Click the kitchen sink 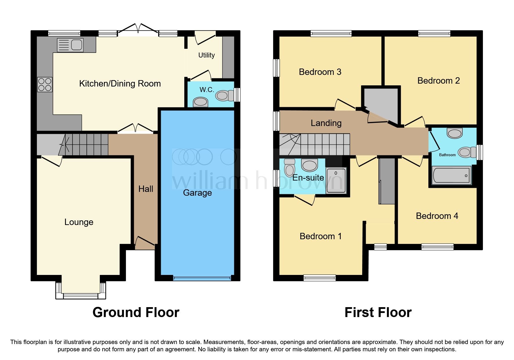click(70, 45)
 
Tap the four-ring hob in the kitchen click(45, 84)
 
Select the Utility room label click(206, 55)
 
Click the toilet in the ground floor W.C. click(225, 95)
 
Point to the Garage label click(197, 193)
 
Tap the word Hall click(146, 189)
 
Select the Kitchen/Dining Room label click(120, 84)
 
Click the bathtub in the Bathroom click(451, 175)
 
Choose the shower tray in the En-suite click(336, 181)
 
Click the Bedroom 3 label click(320, 72)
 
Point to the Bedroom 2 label click(438, 81)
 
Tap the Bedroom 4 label click(437, 216)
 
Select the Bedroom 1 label click(320, 236)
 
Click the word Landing click(326, 123)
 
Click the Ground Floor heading click(136, 312)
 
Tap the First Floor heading click(378, 312)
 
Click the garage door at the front click(202, 278)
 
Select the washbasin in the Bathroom click(455, 133)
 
